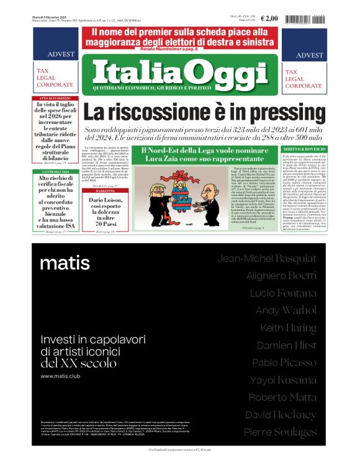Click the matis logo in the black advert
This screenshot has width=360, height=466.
coord(65,263)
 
